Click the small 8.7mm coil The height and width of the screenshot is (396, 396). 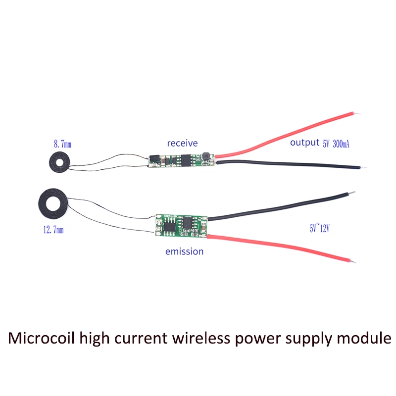[58, 162]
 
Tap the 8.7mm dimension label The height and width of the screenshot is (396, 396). [62, 145]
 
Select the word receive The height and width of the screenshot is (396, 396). [182, 144]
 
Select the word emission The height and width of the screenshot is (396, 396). [184, 251]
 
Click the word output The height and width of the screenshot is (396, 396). [305, 143]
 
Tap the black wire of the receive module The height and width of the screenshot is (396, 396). [287, 164]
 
